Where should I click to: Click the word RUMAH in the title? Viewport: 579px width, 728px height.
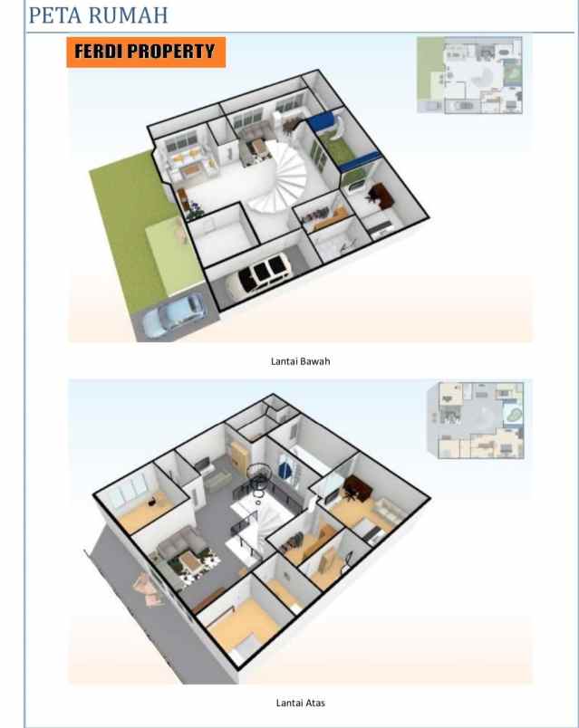128,14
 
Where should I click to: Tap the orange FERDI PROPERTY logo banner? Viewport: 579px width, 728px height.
146,52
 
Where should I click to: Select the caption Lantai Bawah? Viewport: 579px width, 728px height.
300,361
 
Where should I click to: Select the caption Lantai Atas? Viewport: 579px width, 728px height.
300,703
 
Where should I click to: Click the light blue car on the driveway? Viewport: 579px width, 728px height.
173,314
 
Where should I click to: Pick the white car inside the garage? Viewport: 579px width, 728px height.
257,273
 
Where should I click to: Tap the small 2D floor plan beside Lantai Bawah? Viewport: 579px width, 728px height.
469,75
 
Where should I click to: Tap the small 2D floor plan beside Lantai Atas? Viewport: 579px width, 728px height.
476,420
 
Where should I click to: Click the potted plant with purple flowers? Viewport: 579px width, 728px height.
194,209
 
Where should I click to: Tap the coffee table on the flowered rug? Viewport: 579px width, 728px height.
191,560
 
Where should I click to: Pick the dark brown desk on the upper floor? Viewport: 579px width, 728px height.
358,487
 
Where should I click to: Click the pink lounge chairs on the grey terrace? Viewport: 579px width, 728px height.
148,589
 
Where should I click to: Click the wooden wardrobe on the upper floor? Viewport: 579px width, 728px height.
240,454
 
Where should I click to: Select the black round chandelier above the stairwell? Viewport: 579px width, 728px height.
258,477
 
